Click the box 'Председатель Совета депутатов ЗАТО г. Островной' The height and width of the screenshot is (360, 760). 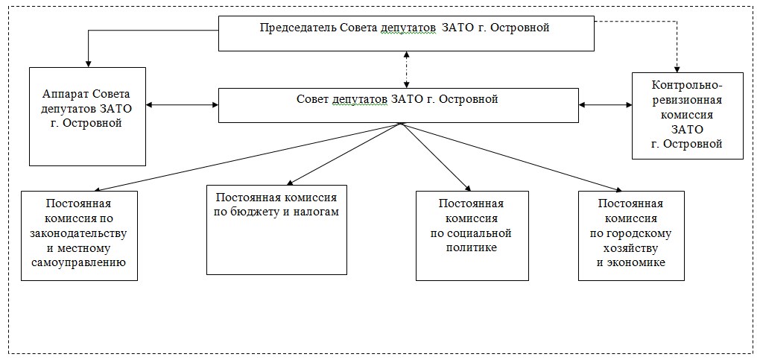point(406,33)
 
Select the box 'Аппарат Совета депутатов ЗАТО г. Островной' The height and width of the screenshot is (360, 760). point(88,116)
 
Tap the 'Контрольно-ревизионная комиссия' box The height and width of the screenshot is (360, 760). point(687,116)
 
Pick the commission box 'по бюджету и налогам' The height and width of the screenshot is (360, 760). point(276,230)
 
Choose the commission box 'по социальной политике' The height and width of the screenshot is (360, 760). point(472,236)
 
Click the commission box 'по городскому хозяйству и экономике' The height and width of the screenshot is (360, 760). point(632,236)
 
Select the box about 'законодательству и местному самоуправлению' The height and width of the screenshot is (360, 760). point(79,236)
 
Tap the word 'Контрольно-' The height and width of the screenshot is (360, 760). point(687,86)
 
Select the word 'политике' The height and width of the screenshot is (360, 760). point(472,248)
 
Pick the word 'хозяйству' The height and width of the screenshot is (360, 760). point(631,248)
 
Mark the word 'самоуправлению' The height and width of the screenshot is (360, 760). point(79,263)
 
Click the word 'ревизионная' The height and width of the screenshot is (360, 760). point(687,101)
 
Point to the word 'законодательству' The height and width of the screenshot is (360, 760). point(79,233)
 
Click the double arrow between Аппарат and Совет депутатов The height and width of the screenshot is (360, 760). point(183,104)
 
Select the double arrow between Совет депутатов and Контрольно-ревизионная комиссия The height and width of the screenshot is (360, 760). point(605,104)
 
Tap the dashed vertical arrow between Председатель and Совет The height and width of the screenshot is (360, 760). point(406,69)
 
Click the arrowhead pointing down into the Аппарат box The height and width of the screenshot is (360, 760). point(88,63)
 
